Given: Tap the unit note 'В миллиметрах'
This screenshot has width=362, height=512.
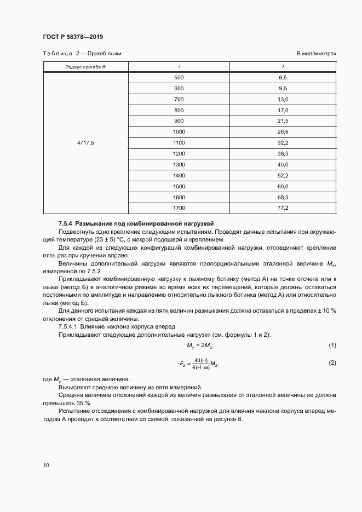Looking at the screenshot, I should click(316, 54).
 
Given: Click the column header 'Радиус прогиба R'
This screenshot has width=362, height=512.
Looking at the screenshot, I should click(85, 67).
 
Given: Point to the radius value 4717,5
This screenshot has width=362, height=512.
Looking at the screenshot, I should click(85, 142).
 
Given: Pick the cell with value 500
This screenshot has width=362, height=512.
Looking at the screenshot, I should click(179, 78).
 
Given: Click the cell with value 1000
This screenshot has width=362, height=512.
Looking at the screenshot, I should click(179, 131).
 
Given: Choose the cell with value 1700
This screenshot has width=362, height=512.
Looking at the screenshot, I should click(179, 208).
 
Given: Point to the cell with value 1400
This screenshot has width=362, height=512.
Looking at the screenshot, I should click(179, 175).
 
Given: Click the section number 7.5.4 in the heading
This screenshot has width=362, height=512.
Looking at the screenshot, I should click(65, 224).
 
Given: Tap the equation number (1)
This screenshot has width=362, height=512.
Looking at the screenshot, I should click(331, 344).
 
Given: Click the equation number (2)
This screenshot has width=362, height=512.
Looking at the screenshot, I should click(331, 363).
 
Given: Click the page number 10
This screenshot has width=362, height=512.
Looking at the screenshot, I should click(46, 465).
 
